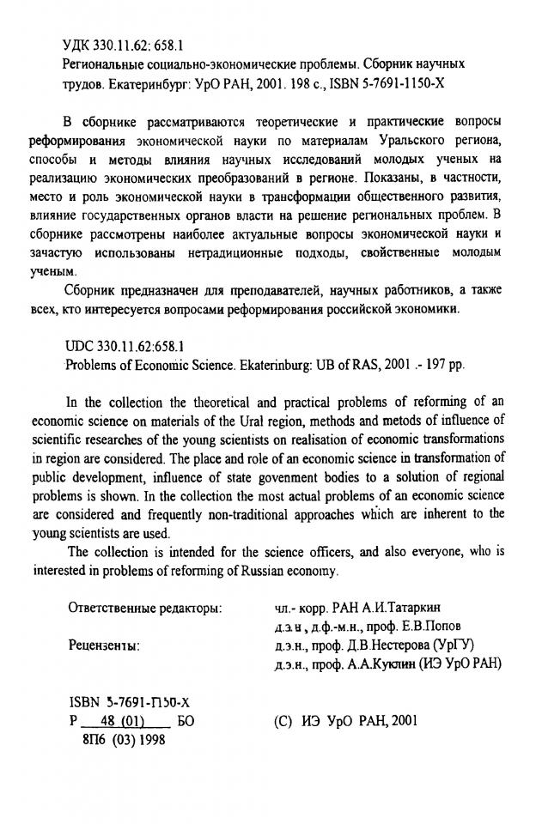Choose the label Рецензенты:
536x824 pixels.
104,645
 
